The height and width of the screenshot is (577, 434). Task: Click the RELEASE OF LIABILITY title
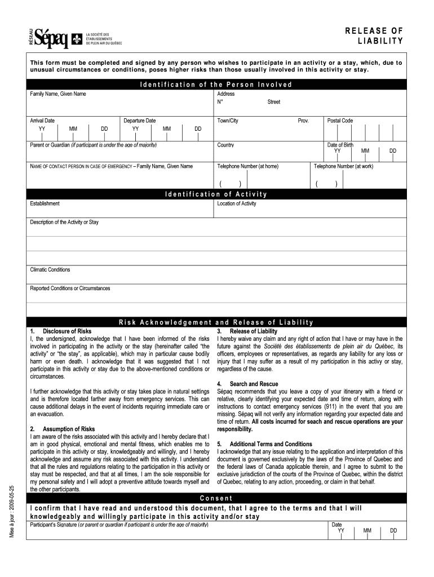[374, 35]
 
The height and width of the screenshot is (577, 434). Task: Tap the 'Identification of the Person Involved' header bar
[216, 85]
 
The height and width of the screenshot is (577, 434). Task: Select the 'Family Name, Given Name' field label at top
[58, 94]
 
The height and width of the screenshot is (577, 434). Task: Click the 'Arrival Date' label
[42, 121]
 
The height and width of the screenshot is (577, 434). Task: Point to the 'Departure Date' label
[140, 121]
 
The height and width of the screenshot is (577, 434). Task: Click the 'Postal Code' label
[340, 121]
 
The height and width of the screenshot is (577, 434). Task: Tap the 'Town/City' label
[228, 121]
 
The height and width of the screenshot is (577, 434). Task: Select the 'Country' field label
[225, 145]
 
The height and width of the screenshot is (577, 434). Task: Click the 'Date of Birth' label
[340, 145]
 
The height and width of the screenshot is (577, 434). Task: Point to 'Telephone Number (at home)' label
[247, 166]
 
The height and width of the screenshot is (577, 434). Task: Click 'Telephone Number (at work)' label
[343, 166]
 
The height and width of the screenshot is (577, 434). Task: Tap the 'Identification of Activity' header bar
[216, 194]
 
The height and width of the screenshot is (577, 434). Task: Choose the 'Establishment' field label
[45, 203]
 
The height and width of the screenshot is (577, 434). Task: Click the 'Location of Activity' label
[237, 203]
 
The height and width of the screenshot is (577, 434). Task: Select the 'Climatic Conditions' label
[50, 269]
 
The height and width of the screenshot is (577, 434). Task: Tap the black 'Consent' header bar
[216, 499]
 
